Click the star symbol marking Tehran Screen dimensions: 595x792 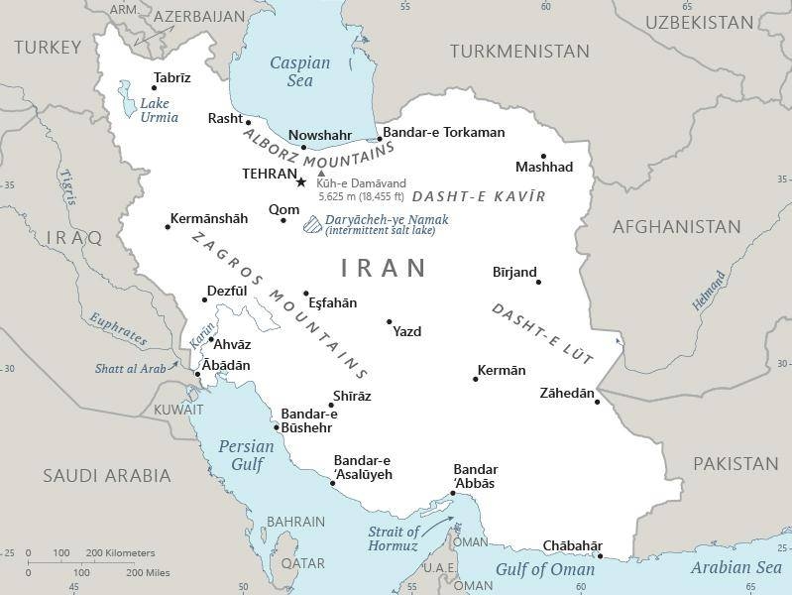301,181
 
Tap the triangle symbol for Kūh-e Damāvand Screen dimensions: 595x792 321,174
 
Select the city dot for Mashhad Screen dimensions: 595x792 543,156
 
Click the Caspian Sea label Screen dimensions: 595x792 300,71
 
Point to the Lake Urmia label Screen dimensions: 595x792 159,110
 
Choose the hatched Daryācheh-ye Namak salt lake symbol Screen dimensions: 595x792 311,225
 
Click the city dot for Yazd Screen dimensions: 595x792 389,321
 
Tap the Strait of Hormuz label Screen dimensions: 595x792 394,538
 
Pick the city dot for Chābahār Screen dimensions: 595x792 600,556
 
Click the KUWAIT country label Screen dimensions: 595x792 178,410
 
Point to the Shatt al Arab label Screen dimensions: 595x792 130,369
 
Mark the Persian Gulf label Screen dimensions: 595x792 246,455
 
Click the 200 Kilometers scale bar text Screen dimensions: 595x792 120,552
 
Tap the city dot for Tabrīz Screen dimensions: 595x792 154,88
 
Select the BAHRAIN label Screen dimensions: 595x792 296,522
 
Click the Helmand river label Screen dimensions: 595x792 709,292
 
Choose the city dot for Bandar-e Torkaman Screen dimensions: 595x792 379,140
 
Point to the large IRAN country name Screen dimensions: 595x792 384,268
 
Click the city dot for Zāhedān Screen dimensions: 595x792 597,402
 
